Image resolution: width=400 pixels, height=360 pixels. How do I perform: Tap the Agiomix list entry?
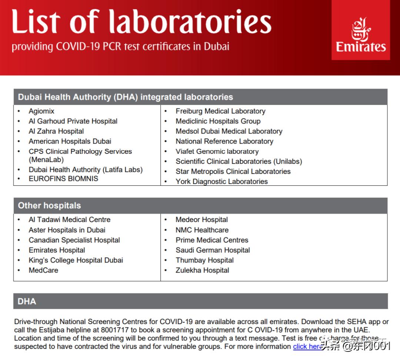point(41,111)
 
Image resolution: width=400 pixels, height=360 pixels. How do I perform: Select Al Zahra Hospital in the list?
point(56,131)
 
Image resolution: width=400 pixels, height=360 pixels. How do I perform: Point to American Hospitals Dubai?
point(70,141)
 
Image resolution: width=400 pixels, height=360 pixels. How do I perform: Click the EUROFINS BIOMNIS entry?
point(63,178)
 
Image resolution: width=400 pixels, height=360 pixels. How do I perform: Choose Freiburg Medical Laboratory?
point(220,111)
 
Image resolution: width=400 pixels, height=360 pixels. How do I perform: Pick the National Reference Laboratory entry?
point(224,141)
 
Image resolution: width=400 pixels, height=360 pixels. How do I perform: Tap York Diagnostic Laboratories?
point(221,181)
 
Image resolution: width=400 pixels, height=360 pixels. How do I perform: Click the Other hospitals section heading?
point(49,205)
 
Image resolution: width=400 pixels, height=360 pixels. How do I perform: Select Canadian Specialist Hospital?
point(74,240)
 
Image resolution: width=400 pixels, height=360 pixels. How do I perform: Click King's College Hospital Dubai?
point(76,260)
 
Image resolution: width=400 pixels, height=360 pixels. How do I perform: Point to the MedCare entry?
point(43,270)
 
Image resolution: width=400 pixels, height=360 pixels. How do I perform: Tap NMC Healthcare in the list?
point(202,230)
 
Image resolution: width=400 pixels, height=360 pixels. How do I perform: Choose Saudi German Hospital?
point(213,250)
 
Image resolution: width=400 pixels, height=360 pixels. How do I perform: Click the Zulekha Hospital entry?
point(202,270)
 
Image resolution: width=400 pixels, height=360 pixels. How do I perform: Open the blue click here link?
point(307,347)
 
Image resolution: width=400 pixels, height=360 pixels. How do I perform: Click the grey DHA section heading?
point(27,301)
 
